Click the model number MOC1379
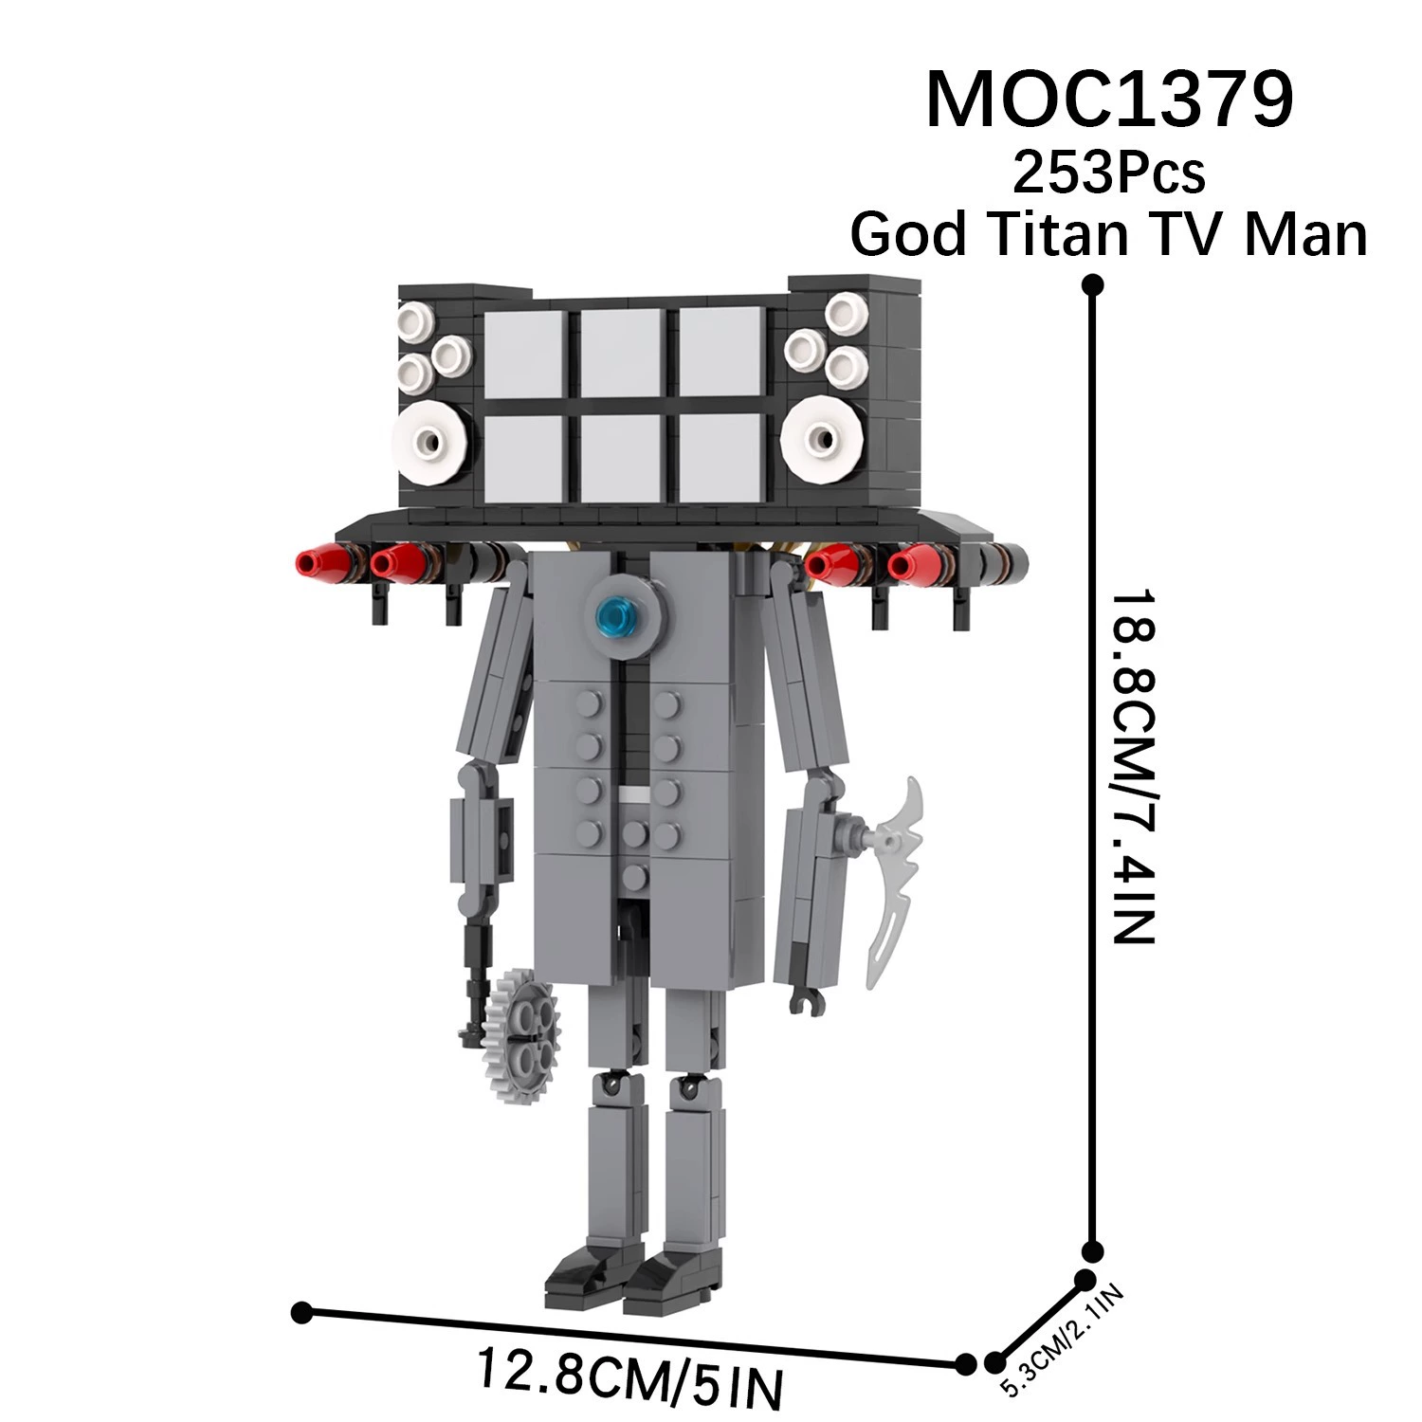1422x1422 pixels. pyautogui.click(x=1109, y=99)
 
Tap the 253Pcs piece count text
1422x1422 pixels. pyautogui.click(x=1109, y=173)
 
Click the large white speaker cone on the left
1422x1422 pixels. pyautogui.click(x=431, y=440)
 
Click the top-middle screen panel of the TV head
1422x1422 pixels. pyautogui.click(x=621, y=352)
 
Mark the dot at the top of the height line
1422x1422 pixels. pyautogui.click(x=1093, y=284)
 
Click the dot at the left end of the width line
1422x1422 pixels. pyautogui.click(x=302, y=1312)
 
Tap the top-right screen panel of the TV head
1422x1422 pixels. pyautogui.click(x=720, y=352)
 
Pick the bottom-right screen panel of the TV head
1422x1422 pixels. pyautogui.click(x=720, y=459)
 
